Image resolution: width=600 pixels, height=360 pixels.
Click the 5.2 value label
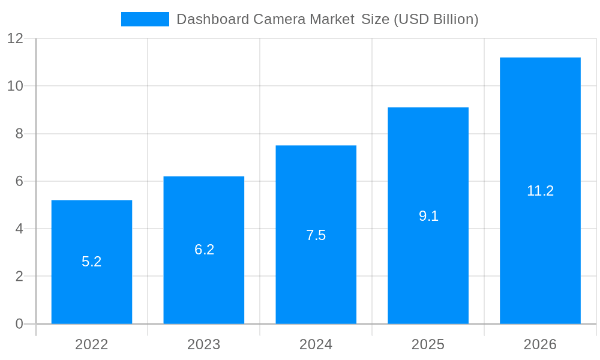tap(92, 262)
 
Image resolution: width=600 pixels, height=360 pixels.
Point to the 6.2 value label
tap(204, 250)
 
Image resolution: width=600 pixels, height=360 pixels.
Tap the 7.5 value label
tap(316, 235)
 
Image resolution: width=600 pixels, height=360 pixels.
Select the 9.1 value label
tap(428, 216)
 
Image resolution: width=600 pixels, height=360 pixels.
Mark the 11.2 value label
tap(540, 191)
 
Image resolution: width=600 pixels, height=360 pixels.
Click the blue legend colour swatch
tap(145, 19)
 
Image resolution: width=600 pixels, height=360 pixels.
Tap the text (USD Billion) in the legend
tap(436, 19)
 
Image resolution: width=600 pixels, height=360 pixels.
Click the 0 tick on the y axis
tap(19, 324)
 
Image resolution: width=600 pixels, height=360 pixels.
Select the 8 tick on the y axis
tap(19, 134)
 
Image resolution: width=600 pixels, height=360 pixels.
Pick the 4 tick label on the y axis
tap(19, 229)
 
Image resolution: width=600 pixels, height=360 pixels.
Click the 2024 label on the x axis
tap(316, 344)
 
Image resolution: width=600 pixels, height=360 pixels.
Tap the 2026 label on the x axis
tap(540, 344)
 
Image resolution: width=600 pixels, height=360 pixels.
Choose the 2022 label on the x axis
tap(92, 344)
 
